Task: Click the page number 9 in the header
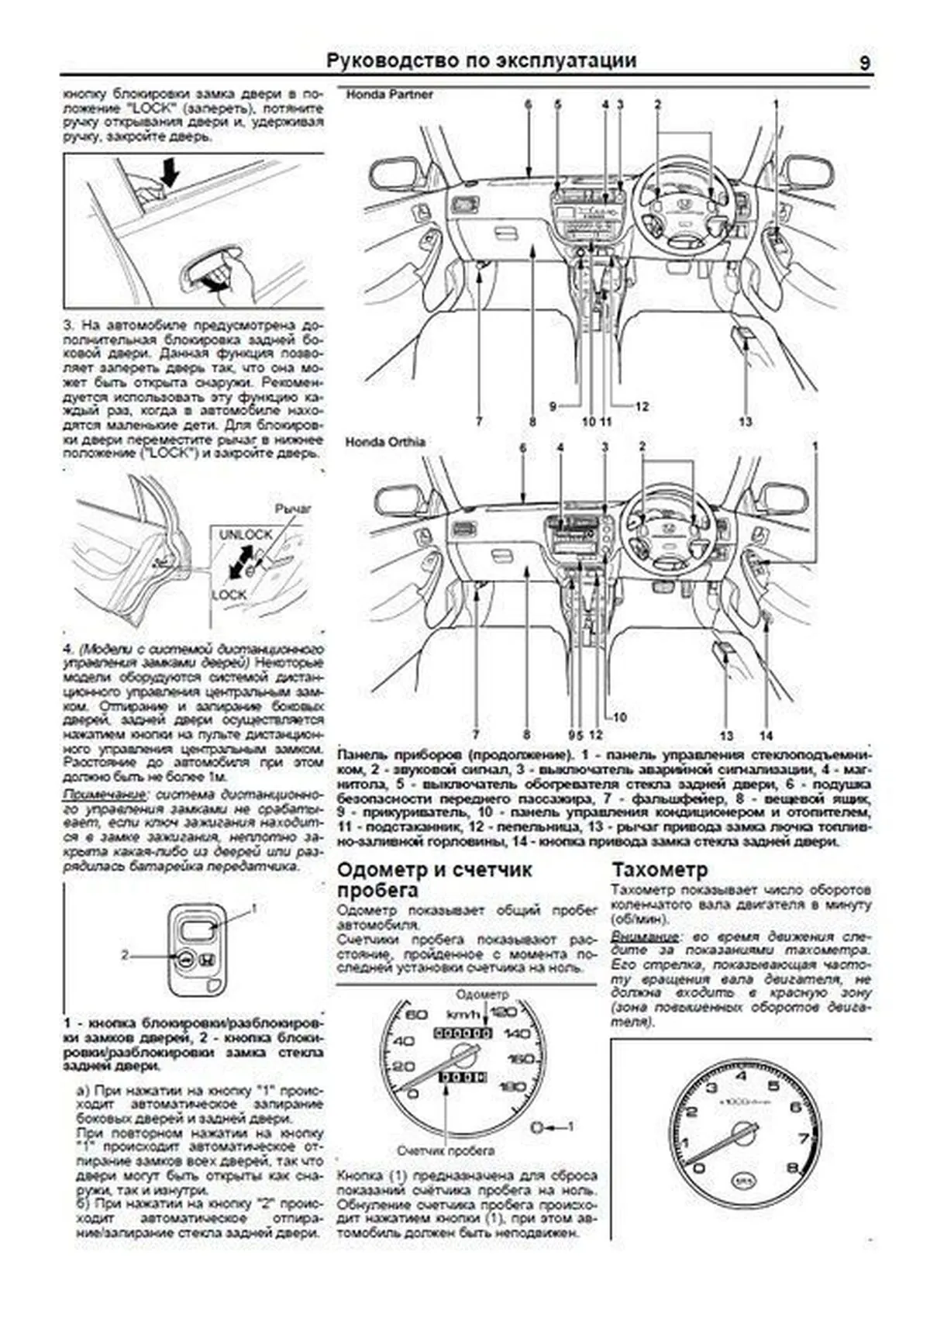[864, 63]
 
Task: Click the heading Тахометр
[660, 869]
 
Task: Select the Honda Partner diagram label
[389, 95]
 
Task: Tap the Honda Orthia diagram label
[385, 442]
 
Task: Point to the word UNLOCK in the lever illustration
[246, 535]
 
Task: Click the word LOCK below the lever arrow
[229, 595]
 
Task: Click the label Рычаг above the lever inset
[293, 509]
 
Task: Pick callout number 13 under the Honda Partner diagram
[745, 422]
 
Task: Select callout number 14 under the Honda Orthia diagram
[766, 735]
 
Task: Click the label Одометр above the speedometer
[482, 994]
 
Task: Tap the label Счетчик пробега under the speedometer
[446, 1150]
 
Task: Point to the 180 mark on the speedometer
[512, 1087]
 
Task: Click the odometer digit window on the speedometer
[463, 1033]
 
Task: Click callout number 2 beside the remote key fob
[125, 955]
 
